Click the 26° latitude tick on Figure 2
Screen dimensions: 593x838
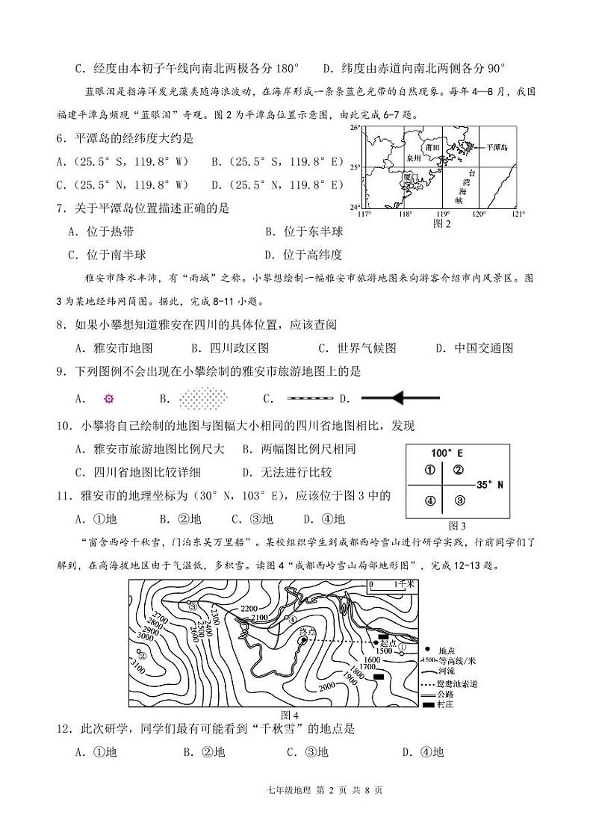[x=356, y=128]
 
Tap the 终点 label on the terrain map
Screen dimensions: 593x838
[x=307, y=632]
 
